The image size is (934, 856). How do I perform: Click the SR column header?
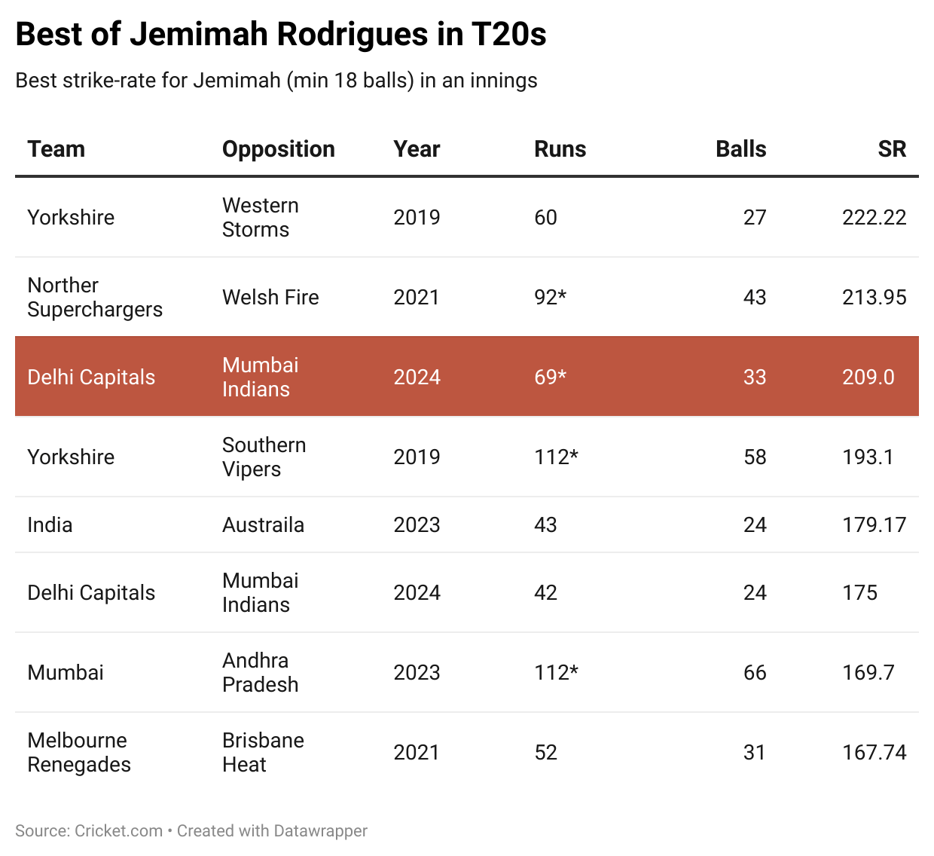[x=892, y=149]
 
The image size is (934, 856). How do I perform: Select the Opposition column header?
[x=278, y=149]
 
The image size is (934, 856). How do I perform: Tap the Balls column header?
[x=740, y=149]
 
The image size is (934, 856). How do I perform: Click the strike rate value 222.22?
[x=874, y=218]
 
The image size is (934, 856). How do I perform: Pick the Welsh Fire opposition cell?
[x=270, y=298]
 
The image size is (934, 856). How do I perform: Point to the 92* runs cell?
[x=550, y=298]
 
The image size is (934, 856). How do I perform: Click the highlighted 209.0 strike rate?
[x=868, y=377]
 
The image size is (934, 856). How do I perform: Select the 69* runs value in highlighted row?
[x=550, y=377]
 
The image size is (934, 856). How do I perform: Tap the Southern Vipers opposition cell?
[x=264, y=457]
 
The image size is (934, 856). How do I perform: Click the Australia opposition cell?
[x=263, y=525]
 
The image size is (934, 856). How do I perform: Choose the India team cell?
[x=50, y=525]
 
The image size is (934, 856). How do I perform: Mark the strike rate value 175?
[x=859, y=593]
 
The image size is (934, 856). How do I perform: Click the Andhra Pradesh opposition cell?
[x=260, y=672]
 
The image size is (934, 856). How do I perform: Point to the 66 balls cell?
[x=755, y=672]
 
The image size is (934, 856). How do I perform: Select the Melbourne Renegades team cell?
[x=78, y=752]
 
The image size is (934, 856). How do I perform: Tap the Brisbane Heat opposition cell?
[x=263, y=752]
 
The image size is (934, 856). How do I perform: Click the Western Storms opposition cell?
[x=260, y=218]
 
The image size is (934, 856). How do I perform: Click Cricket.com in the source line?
[x=119, y=831]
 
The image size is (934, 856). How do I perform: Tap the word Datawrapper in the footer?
[x=320, y=831]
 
